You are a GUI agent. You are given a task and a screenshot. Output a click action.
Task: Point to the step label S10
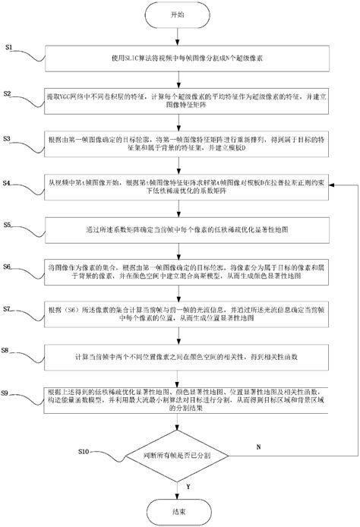(85, 451)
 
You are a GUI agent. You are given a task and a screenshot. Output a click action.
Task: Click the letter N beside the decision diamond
(258, 448)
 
